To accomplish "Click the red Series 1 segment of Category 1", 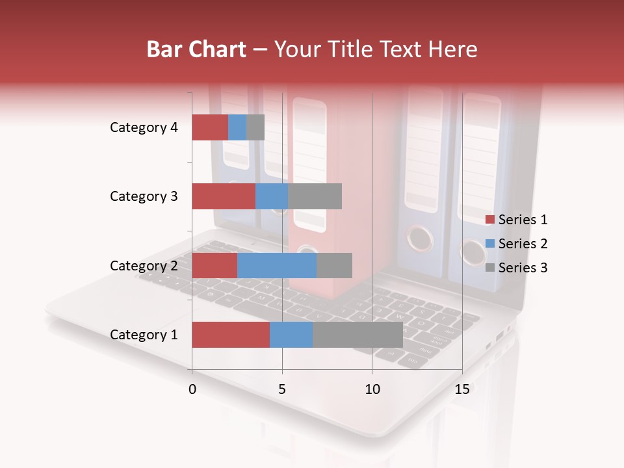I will coord(231,335).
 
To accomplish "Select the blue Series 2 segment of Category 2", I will coord(277,265).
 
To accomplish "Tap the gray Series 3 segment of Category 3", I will coord(315,196).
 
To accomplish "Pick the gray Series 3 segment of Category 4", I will coord(255,127).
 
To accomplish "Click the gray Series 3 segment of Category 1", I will coord(357,335).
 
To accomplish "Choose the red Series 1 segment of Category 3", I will coord(224,196).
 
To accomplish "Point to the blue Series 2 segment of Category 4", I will coord(237,127).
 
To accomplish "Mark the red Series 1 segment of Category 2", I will coord(214,265).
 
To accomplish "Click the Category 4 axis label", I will coord(144,127).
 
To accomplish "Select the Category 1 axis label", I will coord(144,335).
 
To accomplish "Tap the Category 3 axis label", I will coord(144,196).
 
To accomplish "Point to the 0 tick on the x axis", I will coord(192,389).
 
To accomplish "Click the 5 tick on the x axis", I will coord(282,389).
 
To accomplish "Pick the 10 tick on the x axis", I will coord(372,389).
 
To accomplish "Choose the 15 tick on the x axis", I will coord(461,389).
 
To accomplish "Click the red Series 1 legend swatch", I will coord(490,220).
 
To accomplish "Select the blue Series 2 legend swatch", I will coord(490,244).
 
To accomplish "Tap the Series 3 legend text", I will coord(523,268).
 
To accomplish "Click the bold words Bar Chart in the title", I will coord(196,49).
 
